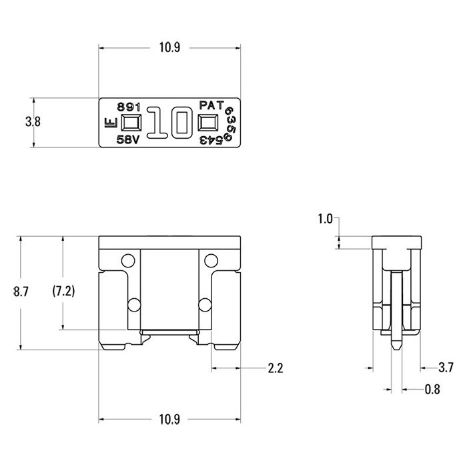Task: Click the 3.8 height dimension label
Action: coord(33,122)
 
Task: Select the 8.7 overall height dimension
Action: coord(21,292)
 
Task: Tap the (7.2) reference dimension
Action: coord(63,291)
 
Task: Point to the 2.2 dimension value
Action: coord(275,368)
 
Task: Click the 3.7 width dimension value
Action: coord(446,368)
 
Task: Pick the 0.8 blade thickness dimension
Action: coord(432,389)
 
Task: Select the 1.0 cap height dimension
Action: coord(325,219)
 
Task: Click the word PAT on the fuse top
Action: coord(211,105)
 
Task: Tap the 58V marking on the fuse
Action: coord(128,139)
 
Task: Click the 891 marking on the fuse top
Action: coord(129,107)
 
